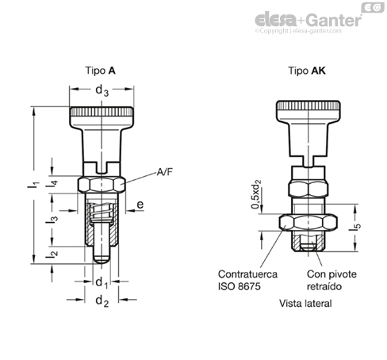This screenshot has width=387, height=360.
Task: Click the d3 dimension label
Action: click(x=102, y=90)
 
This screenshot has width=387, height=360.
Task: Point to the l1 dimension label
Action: click(x=33, y=184)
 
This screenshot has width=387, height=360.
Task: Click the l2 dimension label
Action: click(x=52, y=254)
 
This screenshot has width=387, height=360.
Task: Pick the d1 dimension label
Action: click(x=102, y=283)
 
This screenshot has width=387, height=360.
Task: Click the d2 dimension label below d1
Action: click(x=102, y=301)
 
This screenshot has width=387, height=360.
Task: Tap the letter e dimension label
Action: click(x=140, y=205)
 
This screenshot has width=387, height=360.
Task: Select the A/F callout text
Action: click(x=164, y=172)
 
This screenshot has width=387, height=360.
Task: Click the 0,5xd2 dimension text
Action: click(x=256, y=194)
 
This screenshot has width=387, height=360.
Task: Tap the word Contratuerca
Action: click(x=247, y=274)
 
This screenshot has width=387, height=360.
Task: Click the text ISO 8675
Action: click(x=239, y=286)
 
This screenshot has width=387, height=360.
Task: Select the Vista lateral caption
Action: click(x=305, y=304)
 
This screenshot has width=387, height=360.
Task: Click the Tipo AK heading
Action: click(x=307, y=71)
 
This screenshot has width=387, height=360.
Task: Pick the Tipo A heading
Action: click(x=100, y=71)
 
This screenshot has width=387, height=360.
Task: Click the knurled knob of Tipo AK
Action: click(x=308, y=112)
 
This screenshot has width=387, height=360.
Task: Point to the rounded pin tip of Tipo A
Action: click(x=102, y=259)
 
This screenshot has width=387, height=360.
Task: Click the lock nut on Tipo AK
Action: click(x=308, y=222)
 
